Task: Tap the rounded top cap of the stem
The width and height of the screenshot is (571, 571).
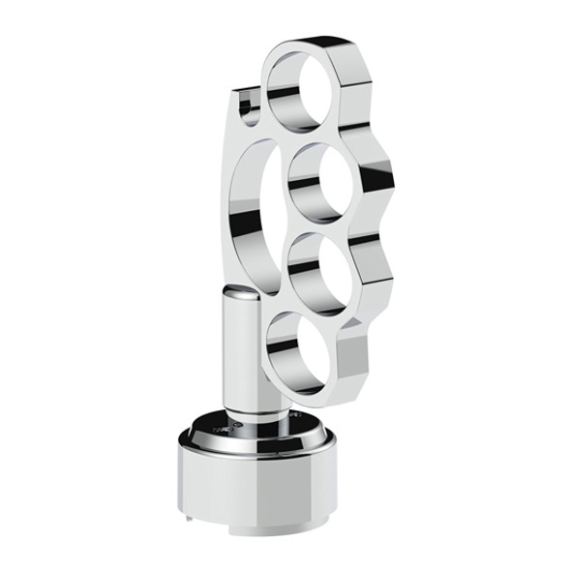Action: coord(237,302)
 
